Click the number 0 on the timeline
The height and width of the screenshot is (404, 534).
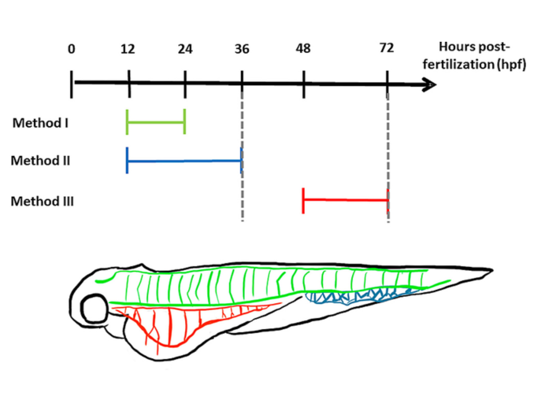point(71,49)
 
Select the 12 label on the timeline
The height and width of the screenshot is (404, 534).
point(128,49)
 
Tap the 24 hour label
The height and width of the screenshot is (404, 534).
point(185,49)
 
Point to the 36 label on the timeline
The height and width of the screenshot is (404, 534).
point(242,49)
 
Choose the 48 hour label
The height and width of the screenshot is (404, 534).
point(303,49)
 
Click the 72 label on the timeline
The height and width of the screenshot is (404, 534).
point(387,48)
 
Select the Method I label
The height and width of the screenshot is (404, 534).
point(40,123)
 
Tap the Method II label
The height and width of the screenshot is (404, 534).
point(40,160)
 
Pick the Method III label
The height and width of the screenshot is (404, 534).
point(42,201)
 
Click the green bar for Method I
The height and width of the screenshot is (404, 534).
point(156,122)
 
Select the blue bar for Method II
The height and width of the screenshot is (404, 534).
point(184,160)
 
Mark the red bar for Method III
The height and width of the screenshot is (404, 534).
point(345,200)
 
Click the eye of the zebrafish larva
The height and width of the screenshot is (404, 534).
point(95,309)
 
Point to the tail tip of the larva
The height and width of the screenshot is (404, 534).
point(490,270)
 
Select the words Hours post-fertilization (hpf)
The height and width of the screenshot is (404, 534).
point(474,55)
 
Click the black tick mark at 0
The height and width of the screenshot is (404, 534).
point(71,84)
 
